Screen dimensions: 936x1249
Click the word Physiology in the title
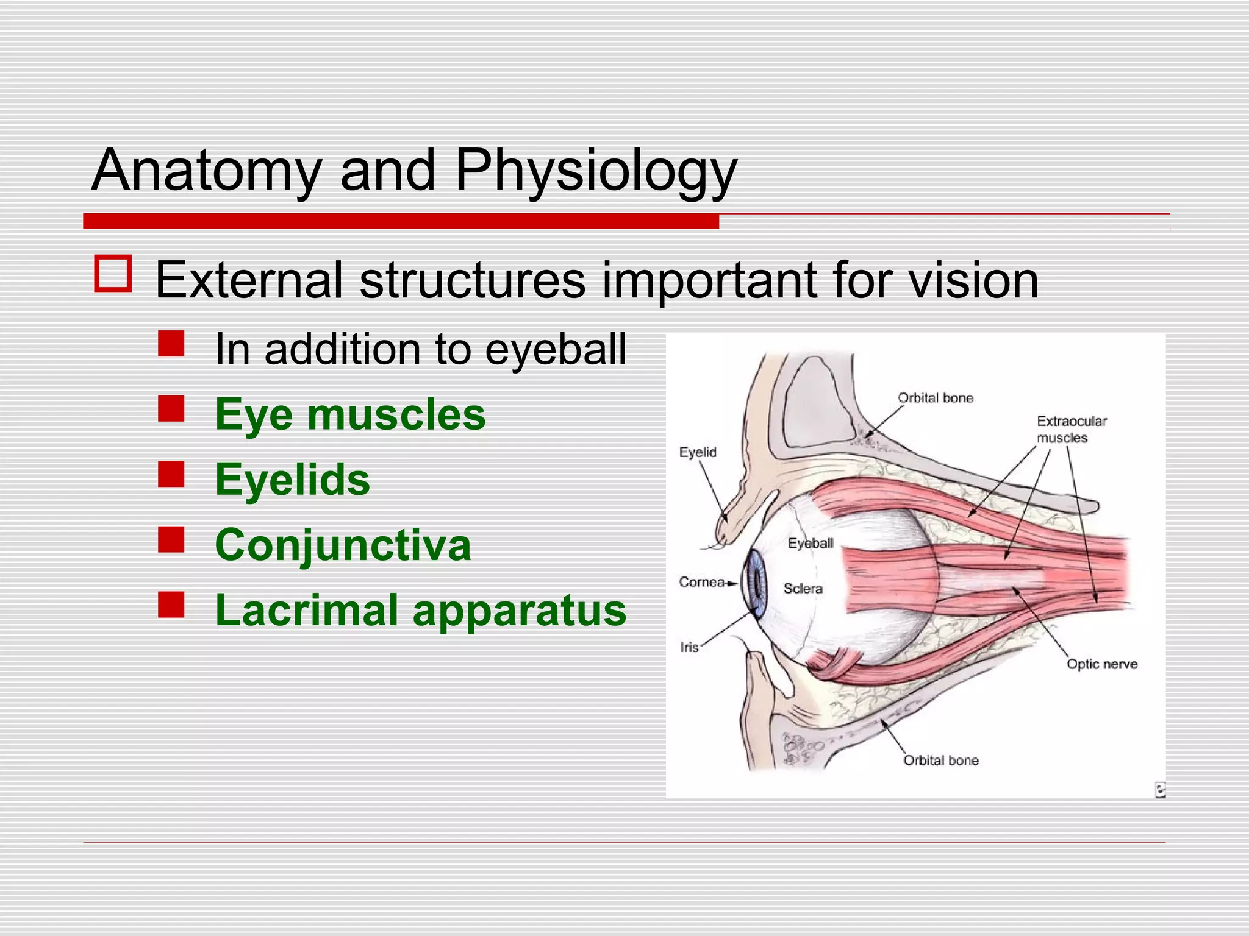(x=596, y=172)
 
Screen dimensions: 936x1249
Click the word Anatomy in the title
(x=206, y=172)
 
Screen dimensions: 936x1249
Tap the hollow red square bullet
(x=113, y=274)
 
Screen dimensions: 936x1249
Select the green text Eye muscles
(x=350, y=415)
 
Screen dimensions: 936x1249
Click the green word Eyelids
(x=292, y=480)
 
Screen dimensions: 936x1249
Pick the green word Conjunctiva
(x=343, y=545)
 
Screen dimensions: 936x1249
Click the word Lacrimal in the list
(x=306, y=610)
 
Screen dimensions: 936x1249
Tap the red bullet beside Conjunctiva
(x=171, y=539)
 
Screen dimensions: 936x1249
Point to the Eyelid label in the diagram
(x=698, y=452)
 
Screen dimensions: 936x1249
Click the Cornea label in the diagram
(x=701, y=582)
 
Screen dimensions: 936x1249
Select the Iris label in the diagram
(x=689, y=647)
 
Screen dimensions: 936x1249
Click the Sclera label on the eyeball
(x=803, y=589)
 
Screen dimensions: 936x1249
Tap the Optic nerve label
(x=1101, y=664)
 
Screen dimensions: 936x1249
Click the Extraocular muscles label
(x=1071, y=429)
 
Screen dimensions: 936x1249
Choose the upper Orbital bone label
(x=935, y=398)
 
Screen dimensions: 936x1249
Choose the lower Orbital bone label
(x=940, y=760)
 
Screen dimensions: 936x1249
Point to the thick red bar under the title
(x=401, y=221)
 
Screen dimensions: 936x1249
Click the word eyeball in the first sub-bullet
(x=556, y=350)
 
